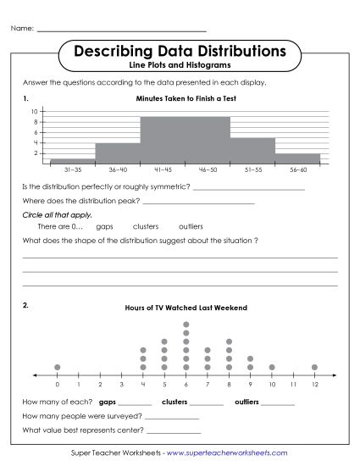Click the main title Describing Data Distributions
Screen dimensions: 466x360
[x=180, y=52]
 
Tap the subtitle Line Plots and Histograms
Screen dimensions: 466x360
[x=180, y=65]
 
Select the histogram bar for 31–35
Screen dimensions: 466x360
[x=73, y=160]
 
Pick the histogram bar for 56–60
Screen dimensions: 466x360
[x=298, y=158]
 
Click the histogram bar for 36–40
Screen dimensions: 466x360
[x=118, y=153]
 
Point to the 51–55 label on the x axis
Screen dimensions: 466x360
[x=253, y=170]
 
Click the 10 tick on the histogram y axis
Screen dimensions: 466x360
[x=36, y=112]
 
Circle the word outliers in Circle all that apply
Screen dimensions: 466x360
[x=191, y=227]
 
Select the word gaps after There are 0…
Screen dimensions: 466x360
[x=105, y=227]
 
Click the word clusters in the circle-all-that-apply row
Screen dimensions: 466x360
[x=146, y=227]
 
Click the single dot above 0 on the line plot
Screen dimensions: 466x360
[x=57, y=367]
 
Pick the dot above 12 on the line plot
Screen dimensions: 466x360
[x=314, y=367]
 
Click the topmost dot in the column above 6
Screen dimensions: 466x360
[x=186, y=325]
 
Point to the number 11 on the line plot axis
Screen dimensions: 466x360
[x=292, y=384]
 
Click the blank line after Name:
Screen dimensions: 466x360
[x=123, y=30]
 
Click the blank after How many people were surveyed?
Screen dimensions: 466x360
[x=172, y=417]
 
